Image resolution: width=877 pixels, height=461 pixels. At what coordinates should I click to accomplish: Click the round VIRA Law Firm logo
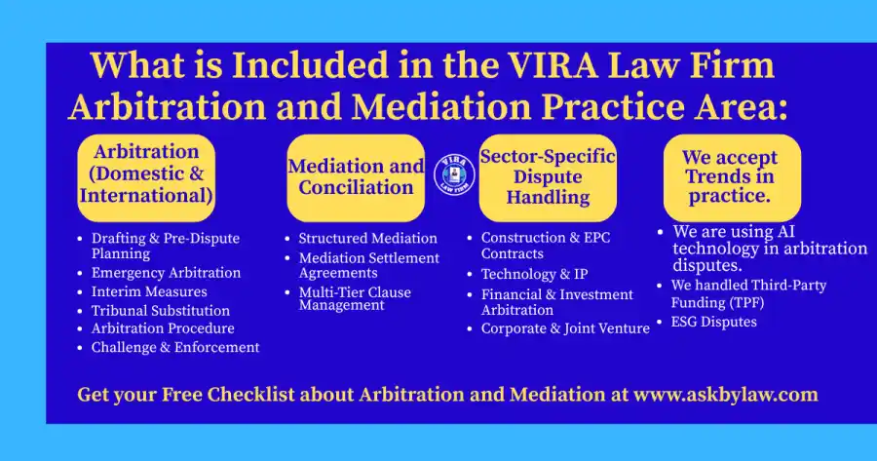pyautogui.click(x=455, y=175)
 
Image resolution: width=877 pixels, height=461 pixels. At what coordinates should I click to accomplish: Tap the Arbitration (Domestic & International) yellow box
pyautogui.click(x=146, y=178)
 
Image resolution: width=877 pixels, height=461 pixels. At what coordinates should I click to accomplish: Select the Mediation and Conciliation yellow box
pyautogui.click(x=356, y=178)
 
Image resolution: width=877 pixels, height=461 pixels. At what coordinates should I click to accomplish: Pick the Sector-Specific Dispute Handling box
pyautogui.click(x=548, y=178)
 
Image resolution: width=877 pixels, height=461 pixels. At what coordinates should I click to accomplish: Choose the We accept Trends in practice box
pyautogui.click(x=732, y=178)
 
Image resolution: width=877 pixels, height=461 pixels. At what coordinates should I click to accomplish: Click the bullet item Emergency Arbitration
pyautogui.click(x=166, y=273)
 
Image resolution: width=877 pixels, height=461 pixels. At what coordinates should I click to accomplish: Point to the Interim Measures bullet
pyautogui.click(x=149, y=292)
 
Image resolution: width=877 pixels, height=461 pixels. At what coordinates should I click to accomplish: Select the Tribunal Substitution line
pyautogui.click(x=161, y=311)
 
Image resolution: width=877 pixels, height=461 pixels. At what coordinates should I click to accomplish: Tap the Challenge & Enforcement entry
pyautogui.click(x=175, y=347)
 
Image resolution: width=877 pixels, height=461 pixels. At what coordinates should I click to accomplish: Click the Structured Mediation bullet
pyautogui.click(x=368, y=239)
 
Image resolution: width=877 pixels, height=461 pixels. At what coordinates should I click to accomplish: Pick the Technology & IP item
pyautogui.click(x=535, y=274)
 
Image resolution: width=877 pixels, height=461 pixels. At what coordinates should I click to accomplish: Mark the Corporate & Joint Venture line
pyautogui.click(x=565, y=328)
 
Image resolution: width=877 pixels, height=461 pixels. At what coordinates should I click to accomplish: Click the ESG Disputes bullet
pyautogui.click(x=713, y=322)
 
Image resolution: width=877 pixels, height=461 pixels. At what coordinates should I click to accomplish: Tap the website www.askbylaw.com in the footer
pyautogui.click(x=725, y=395)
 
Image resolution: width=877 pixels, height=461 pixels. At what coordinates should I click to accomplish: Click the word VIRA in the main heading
pyautogui.click(x=553, y=65)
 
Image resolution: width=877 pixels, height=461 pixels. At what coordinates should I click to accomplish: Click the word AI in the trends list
pyautogui.click(x=785, y=232)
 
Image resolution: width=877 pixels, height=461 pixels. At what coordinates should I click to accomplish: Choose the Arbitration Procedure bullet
pyautogui.click(x=163, y=328)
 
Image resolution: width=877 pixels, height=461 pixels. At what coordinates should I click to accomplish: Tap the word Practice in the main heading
pyautogui.click(x=613, y=107)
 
